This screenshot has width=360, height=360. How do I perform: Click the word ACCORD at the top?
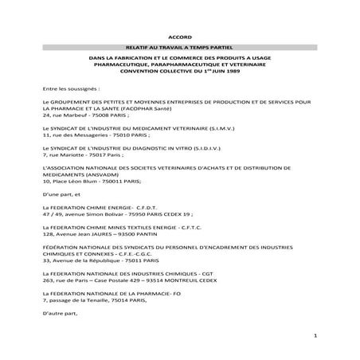click(180, 37)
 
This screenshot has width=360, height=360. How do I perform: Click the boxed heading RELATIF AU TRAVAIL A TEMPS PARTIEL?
click(180, 49)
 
